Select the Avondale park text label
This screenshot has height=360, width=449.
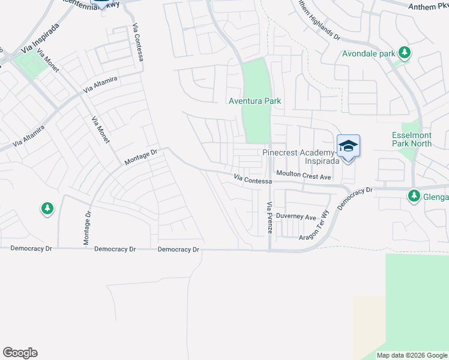pos(368,53)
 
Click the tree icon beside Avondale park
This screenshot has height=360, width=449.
pos(405,53)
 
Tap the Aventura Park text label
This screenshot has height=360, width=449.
pos(255,101)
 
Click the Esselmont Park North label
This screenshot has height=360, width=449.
pos(411,139)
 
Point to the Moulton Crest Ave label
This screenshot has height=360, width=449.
pos(304,176)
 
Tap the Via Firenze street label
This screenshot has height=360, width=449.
pos(269,218)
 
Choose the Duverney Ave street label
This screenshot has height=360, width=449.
pos(296,217)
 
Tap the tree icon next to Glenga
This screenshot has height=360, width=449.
pos(414,196)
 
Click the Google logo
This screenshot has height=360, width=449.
pos(20,353)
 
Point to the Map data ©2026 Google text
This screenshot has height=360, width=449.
pos(412,355)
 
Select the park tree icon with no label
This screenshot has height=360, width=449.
pos(47,208)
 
